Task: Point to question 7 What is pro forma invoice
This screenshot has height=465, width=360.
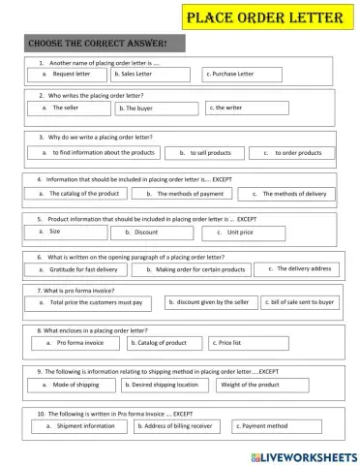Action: pos(76,290)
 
